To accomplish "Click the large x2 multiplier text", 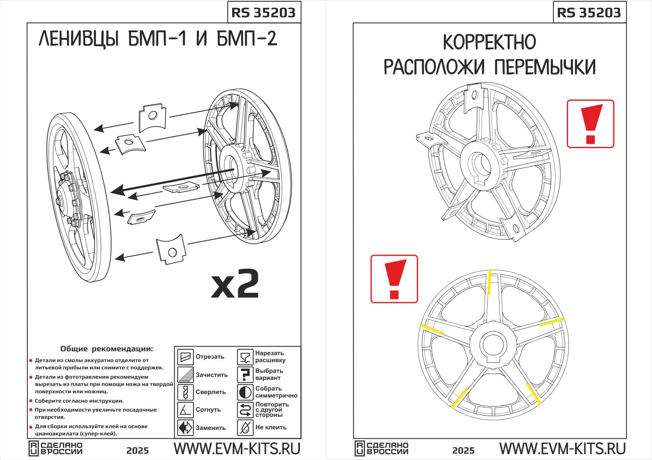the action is click(235, 283).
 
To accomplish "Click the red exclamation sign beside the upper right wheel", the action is click(591, 124).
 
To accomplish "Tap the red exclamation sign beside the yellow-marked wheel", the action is click(394, 279).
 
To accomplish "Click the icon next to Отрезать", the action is click(186, 357).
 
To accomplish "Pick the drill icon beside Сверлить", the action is click(186, 392).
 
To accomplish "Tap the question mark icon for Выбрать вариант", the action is click(245, 374).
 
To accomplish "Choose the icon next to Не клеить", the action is click(245, 427).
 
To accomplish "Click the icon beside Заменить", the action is click(186, 427).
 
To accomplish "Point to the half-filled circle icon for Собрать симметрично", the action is click(245, 392).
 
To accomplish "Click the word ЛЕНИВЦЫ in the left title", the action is click(79, 39).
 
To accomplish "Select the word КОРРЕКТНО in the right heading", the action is click(489, 42).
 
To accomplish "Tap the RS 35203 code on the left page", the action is click(263, 13).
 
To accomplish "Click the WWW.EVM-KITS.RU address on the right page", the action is click(562, 448).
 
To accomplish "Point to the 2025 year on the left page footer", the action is click(137, 451).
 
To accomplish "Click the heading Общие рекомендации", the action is click(106, 348).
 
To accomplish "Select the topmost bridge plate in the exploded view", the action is click(152, 117).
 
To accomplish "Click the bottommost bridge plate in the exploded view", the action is click(171, 249).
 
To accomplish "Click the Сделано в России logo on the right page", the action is click(382, 448).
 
